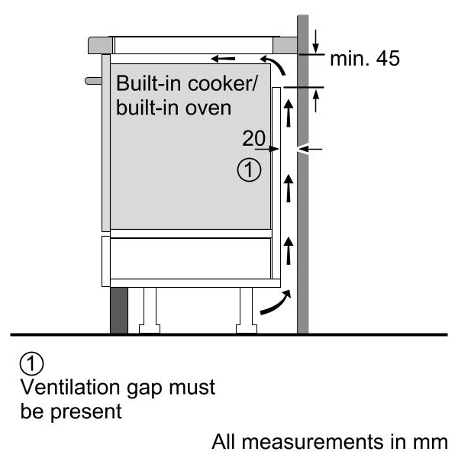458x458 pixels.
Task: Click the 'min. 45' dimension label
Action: click(x=365, y=59)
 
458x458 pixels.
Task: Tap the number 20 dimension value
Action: click(x=254, y=138)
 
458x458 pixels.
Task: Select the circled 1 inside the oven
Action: click(x=249, y=170)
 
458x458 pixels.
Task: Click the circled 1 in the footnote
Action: click(x=31, y=364)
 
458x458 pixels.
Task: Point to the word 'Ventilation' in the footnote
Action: click(x=70, y=387)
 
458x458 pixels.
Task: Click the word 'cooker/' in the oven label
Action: click(x=223, y=83)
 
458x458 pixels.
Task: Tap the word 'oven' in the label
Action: click(x=208, y=108)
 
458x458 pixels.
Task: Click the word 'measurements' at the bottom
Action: click(x=312, y=442)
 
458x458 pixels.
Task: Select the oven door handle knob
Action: click(x=93, y=81)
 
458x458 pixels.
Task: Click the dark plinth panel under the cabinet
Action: click(x=119, y=310)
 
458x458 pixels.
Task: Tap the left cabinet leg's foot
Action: click(x=150, y=328)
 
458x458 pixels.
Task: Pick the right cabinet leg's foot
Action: click(x=247, y=328)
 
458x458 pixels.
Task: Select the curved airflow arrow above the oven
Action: click(x=276, y=63)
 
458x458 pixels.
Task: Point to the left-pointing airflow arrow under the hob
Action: click(x=223, y=59)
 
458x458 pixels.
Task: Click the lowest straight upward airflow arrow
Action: click(x=289, y=250)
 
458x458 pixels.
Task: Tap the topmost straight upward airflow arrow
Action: click(x=289, y=113)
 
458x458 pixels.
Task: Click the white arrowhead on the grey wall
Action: click(x=302, y=150)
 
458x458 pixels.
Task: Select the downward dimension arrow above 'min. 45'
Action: click(x=315, y=41)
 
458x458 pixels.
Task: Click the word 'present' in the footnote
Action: click(x=85, y=412)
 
